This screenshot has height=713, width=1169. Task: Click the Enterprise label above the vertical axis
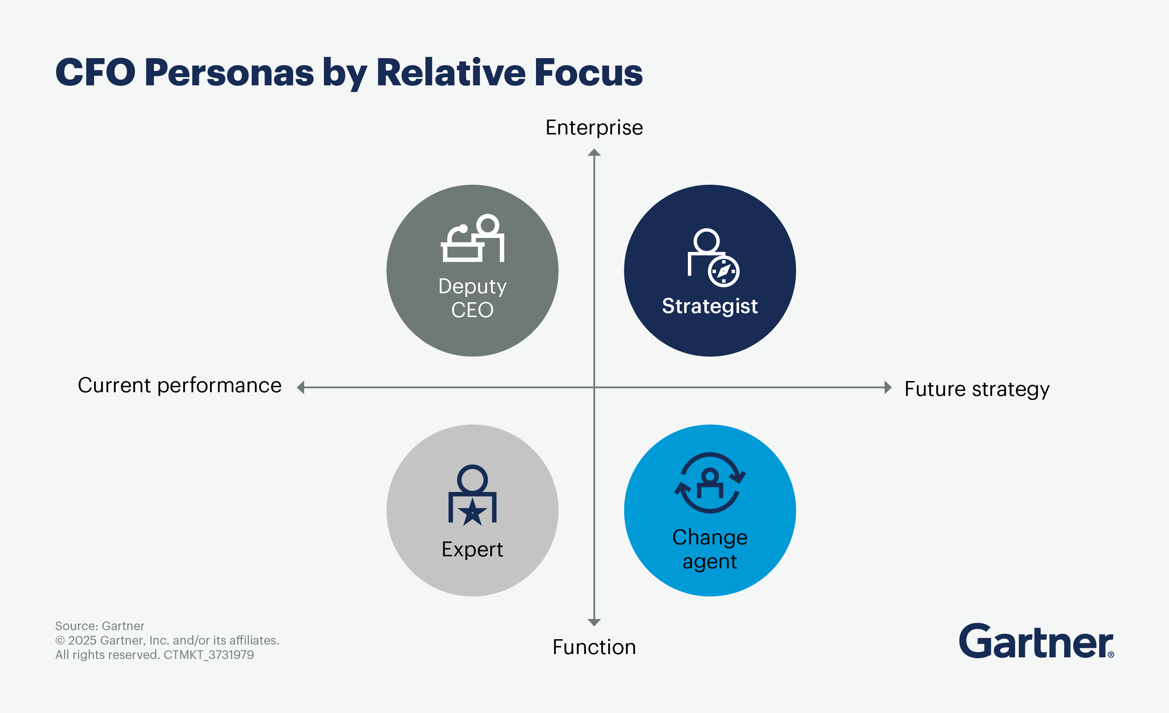(594, 127)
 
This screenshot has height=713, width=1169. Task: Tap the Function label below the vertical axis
(594, 647)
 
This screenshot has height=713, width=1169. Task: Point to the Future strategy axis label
(977, 389)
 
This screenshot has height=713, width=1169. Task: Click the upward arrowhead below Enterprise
(594, 153)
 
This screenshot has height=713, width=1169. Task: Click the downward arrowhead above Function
(594, 622)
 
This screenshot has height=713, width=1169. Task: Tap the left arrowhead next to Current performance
(301, 387)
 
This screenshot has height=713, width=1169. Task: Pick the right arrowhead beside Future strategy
(888, 387)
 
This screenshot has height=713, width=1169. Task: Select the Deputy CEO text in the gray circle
(472, 298)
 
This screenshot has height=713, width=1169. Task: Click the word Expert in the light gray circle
(472, 549)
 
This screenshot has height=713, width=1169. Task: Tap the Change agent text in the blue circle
(710, 549)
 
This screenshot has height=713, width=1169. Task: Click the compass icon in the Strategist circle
(723, 272)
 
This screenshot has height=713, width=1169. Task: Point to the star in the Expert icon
(472, 513)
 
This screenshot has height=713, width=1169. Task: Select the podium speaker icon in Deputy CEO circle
(472, 238)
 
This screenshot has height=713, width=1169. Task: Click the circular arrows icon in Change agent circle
(710, 482)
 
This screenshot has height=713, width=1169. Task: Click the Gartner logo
(1036, 641)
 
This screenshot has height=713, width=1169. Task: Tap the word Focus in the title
(588, 73)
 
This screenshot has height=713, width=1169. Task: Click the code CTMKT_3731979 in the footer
(209, 655)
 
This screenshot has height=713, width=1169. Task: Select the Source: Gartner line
(99, 626)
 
